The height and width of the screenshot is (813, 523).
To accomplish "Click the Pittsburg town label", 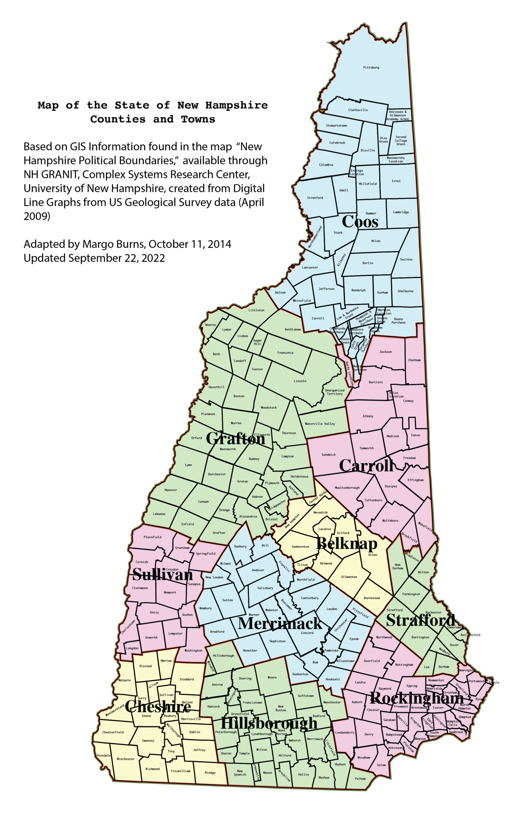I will tap(371, 68).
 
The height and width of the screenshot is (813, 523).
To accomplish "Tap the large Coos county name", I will tap(360, 222).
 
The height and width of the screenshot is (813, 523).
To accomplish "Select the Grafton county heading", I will tap(235, 439).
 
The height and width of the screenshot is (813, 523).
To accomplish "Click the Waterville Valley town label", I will tap(320, 424).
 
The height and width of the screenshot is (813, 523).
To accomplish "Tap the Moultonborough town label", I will tap(347, 488).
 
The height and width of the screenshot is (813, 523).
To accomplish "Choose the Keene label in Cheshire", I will tap(146, 716).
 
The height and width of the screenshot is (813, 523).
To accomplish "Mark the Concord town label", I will tap(307, 633).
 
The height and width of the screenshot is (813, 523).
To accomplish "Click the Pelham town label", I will tap(360, 778).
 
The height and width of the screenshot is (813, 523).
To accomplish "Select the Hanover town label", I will tap(171, 490).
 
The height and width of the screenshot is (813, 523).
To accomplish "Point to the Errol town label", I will tap(396, 181).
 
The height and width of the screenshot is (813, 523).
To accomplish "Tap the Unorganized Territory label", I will tap(335, 392).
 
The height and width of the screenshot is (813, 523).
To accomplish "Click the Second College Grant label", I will tap(401, 141).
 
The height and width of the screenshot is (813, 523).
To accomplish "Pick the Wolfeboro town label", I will tap(390, 521).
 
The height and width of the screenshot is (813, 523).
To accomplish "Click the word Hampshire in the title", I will tap(236, 105).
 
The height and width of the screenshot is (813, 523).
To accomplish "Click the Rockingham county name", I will tap(417, 698).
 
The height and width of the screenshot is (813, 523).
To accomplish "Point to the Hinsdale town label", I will tap(104, 756).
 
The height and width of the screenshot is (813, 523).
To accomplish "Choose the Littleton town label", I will tap(256, 310).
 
